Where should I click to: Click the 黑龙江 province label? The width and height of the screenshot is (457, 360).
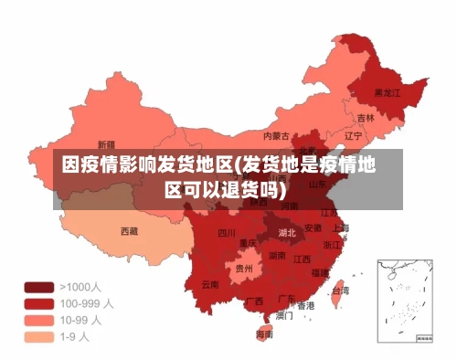pyautogui.click(x=388, y=92)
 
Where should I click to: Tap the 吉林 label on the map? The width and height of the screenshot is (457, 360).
pyautogui.click(x=366, y=118)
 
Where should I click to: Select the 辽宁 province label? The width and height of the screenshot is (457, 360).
pyautogui.click(x=354, y=135)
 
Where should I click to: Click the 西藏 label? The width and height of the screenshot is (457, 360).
pyautogui.click(x=130, y=231)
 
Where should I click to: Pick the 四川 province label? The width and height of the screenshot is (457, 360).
pyautogui.click(x=227, y=233)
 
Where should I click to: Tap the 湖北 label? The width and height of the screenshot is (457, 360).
pyautogui.click(x=287, y=232)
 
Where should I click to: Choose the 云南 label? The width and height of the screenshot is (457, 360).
pyautogui.click(x=210, y=284)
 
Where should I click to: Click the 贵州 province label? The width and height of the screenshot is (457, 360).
pyautogui.click(x=244, y=269)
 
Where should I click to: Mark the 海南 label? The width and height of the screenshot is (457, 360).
pyautogui.click(x=264, y=334)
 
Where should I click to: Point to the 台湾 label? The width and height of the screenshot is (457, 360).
pyautogui.click(x=339, y=291)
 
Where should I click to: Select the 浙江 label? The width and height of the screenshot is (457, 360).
pyautogui.click(x=332, y=245)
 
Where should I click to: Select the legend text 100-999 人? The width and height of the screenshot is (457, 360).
pyautogui.click(x=87, y=302)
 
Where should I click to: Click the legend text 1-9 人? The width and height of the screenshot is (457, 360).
pyautogui.click(x=75, y=336)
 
